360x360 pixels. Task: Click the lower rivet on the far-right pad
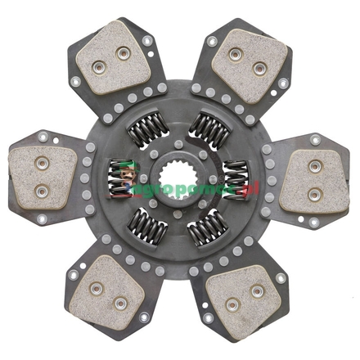click(313, 195)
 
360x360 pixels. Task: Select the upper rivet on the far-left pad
click(37, 160)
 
